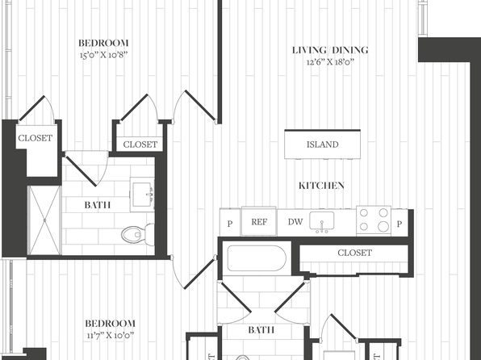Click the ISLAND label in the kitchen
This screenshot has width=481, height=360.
coord(322,144)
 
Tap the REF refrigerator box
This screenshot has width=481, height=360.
coord(259,221)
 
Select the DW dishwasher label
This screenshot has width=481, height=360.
coord(295,222)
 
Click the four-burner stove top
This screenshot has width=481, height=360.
coord(374,220)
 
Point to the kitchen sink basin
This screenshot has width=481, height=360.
coord(321,220)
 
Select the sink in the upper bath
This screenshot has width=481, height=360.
coord(142,195)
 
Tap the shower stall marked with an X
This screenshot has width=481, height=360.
coord(44,220)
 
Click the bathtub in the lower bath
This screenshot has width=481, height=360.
coord(257,258)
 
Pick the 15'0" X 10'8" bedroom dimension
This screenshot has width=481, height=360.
coord(103,55)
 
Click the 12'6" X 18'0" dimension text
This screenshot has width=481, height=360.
coord(330,62)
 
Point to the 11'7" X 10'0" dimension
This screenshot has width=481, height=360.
coord(110,335)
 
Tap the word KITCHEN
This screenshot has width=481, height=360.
coord(321,186)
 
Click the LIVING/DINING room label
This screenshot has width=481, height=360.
coord(330,50)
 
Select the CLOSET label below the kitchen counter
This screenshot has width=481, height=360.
coord(354,253)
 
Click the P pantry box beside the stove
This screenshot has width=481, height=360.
coord(399,223)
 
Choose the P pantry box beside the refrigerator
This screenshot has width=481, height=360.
coord(230,223)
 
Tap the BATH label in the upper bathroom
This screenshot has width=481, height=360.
coord(97,205)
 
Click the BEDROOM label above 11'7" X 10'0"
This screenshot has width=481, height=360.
coord(110,323)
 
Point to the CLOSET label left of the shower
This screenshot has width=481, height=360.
coord(36,138)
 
